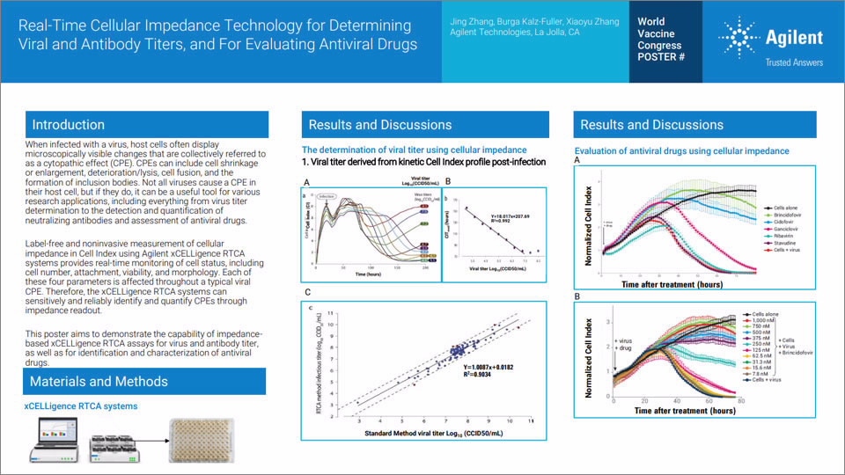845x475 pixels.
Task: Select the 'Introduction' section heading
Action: pos(68,125)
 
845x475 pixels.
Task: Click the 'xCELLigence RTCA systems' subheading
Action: pos(80,406)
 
